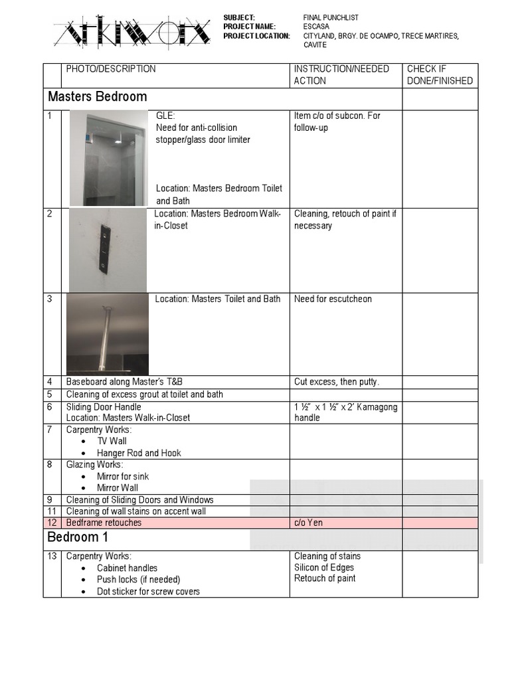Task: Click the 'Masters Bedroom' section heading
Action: coord(98,97)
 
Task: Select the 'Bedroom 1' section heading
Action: coord(78,537)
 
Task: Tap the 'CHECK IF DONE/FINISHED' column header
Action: coord(440,75)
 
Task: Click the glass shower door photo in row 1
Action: coord(108,158)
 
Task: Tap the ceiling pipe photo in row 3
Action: coord(107,333)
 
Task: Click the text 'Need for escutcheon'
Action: coord(333,299)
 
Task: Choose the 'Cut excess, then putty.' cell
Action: coord(337,382)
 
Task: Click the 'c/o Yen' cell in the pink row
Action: coord(309,523)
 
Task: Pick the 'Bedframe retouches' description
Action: coord(104,523)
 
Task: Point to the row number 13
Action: coord(52,556)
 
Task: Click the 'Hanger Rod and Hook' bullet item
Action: coord(139,453)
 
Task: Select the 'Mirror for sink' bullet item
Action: coord(123,476)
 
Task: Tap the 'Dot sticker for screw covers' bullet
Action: coord(148,592)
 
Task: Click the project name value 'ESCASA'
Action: coord(317,27)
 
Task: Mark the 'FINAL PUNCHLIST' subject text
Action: coord(331,17)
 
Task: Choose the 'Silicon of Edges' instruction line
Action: coord(324,568)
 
